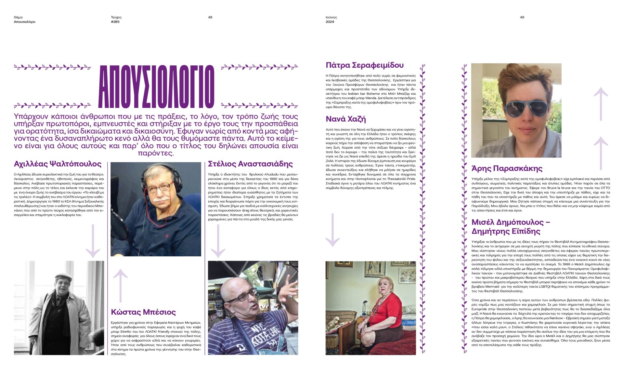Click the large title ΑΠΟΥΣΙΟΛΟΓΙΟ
(156, 87)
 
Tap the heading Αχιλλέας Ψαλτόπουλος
(58, 164)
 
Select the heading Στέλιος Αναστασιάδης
(250, 164)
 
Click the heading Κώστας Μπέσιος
(143, 312)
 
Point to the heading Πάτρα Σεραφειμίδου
(364, 65)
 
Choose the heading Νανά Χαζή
(345, 119)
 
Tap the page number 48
(210, 17)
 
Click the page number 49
(522, 17)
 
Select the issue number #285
(115, 22)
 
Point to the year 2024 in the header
(330, 22)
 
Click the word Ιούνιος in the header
(331, 17)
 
